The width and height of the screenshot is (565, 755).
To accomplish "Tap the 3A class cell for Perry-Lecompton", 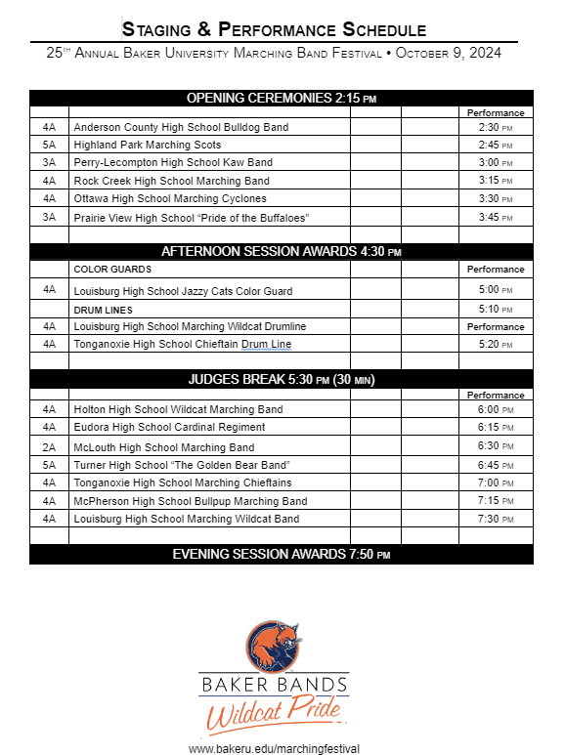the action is pos(49,162).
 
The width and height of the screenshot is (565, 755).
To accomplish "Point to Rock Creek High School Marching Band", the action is pos(171,181).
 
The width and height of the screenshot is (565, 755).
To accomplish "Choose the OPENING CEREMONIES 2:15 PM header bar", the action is pos(282,98).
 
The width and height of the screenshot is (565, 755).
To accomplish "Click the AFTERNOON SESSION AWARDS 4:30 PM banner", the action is pos(282,251).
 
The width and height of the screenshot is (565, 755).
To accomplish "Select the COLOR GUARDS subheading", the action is pos(112,269).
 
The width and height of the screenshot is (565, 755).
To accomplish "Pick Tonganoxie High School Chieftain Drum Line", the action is pos(182,344).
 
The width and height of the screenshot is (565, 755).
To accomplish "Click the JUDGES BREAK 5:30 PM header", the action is pos(282,379).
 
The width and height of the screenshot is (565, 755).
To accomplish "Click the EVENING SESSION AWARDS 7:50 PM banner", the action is pos(282,555).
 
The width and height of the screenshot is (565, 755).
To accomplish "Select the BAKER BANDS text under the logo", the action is pos(274,686).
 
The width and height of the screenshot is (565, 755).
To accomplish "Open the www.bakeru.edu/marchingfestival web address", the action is pos(274,748).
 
